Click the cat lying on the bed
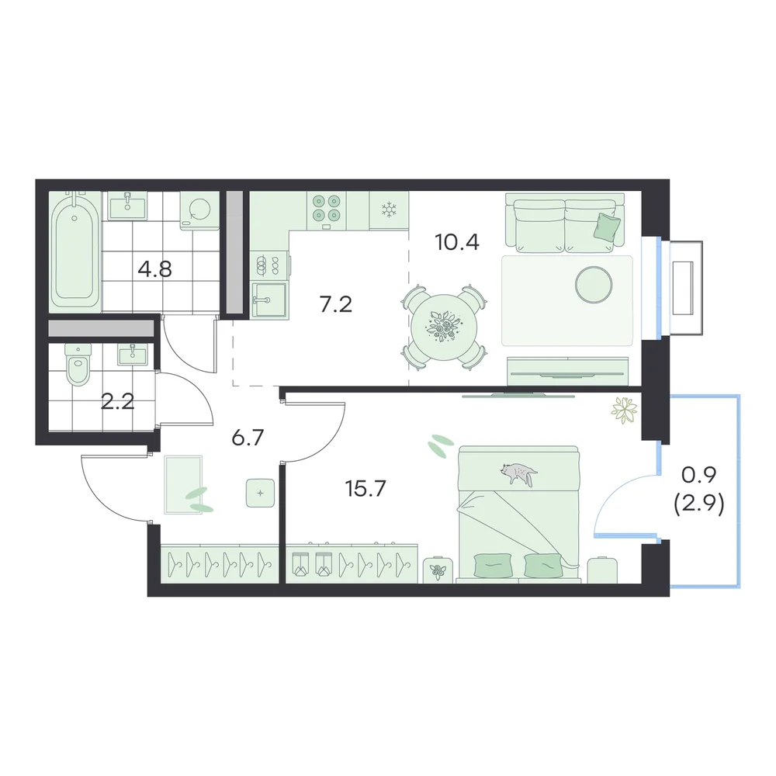[x=518, y=473]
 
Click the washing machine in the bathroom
[x=200, y=210]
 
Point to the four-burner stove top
[x=326, y=210]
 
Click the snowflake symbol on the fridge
[x=389, y=210]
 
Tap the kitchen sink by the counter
[x=269, y=300]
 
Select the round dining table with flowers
[x=444, y=327]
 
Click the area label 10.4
[x=457, y=242]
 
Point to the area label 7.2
[x=335, y=304]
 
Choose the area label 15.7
[x=365, y=488]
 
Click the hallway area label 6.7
[x=248, y=438]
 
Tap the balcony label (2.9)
[x=699, y=505]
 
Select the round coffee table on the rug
[x=594, y=285]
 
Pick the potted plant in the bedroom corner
[x=625, y=411]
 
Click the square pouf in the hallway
[x=260, y=493]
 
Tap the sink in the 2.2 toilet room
[x=132, y=354]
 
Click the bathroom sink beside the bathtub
[x=128, y=206]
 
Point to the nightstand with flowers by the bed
[x=438, y=570]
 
